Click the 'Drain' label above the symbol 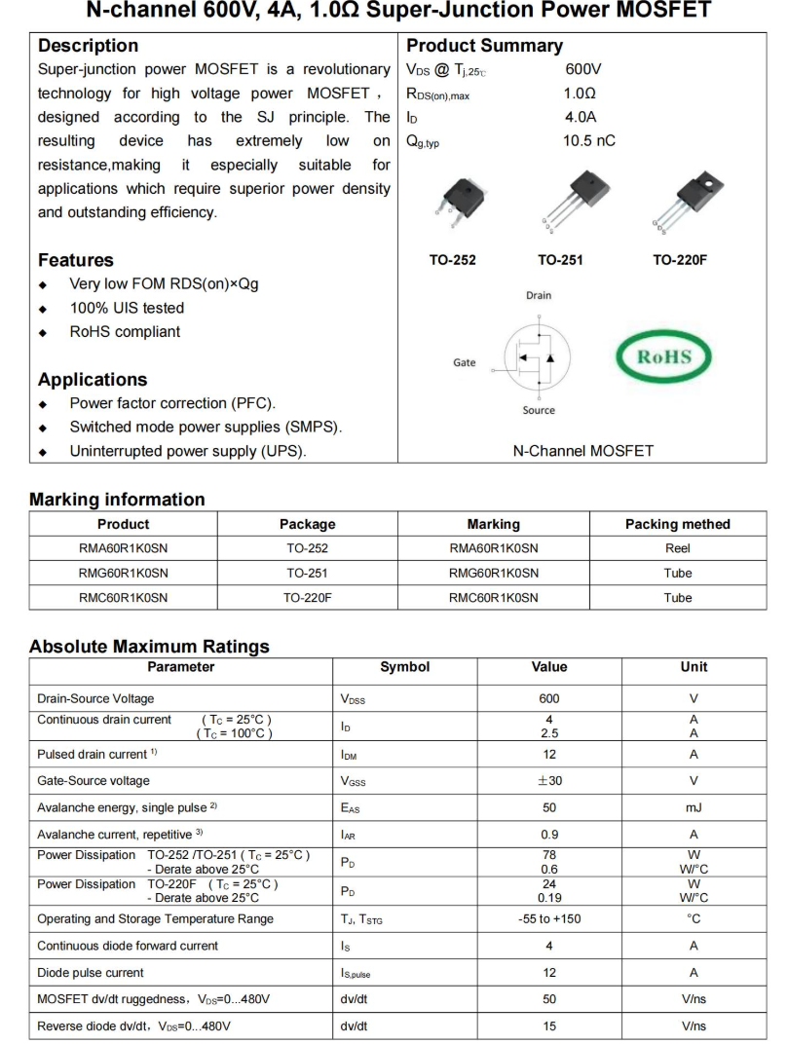[539, 295]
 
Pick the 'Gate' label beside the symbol [465, 362]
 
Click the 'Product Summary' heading [484, 46]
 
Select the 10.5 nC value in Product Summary [589, 141]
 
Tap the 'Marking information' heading [117, 500]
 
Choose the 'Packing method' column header [677, 524]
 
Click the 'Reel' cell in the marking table [677, 548]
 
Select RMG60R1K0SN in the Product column [124, 573]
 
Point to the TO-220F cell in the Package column [307, 598]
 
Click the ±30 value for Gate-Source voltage [549, 780]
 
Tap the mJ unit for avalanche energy [694, 807]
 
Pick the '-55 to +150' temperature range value [549, 918]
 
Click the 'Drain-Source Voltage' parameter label [95, 698]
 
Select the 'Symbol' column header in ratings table [404, 667]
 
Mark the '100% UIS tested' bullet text [127, 308]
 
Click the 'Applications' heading [93, 380]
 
